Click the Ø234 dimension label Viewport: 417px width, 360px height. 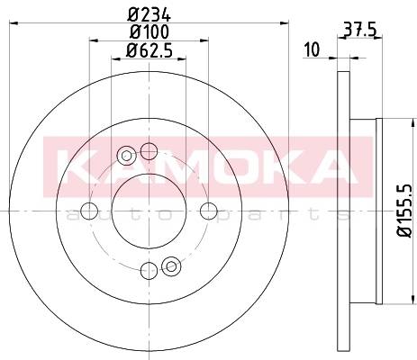150,14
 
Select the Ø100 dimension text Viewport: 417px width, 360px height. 150,31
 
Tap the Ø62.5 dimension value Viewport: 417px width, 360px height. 150,50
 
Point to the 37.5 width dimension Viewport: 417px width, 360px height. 359,30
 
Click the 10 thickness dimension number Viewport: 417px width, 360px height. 313,49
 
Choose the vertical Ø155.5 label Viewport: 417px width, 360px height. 406,211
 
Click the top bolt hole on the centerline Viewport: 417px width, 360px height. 149,151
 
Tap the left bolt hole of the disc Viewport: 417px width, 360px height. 89,211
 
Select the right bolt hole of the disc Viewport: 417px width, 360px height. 209,211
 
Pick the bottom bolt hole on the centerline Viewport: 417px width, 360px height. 149,270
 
